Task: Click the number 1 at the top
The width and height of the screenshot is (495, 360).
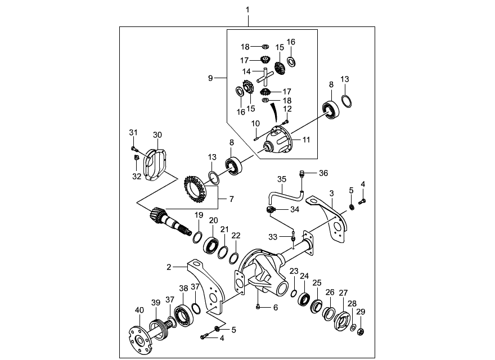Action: tap(247, 10)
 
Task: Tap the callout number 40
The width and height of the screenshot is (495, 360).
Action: tap(139, 310)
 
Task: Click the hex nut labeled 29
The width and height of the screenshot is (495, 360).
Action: tap(361, 332)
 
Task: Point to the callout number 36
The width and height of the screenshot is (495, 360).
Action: tap(323, 173)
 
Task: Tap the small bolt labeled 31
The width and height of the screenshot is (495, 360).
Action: tap(134, 148)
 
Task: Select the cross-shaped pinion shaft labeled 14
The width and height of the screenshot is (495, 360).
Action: tap(264, 76)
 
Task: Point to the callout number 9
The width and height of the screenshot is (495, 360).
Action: tap(210, 78)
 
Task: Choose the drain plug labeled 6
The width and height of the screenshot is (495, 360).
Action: tap(258, 306)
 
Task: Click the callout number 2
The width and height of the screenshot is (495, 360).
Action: tap(169, 267)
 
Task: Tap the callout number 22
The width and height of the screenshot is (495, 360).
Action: tap(236, 236)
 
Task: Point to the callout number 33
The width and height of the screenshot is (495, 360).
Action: tap(273, 237)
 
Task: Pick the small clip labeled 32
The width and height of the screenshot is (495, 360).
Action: tap(136, 157)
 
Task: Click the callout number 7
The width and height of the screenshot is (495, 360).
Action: tap(232, 199)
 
